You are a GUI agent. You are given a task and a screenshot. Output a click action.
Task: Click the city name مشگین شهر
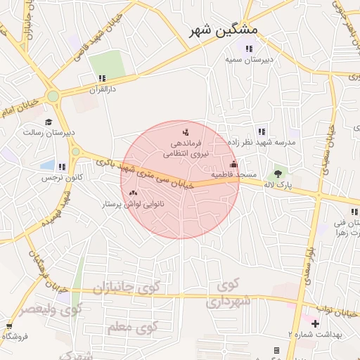(224, 31)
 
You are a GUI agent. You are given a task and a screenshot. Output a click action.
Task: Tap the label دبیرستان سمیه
(248, 60)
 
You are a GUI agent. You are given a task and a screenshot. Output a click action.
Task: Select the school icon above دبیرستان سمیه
(248, 49)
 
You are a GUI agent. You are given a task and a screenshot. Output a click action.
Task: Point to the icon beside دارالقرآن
(102, 79)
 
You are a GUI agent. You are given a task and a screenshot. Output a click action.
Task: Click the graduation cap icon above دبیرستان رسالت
(49, 122)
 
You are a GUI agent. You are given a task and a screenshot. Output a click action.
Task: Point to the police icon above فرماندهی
(186, 131)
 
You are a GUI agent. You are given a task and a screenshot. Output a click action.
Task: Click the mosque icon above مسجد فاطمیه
(234, 163)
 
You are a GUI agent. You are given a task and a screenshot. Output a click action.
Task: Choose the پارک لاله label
(278, 184)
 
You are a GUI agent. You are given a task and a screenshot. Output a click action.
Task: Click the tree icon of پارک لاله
(278, 173)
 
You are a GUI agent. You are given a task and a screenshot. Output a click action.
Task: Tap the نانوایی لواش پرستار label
(134, 203)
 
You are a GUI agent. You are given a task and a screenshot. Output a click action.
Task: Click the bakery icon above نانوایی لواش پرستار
(134, 192)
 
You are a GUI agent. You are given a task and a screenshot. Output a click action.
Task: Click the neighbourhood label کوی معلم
(132, 328)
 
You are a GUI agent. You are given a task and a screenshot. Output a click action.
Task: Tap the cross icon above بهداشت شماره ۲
(315, 324)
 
